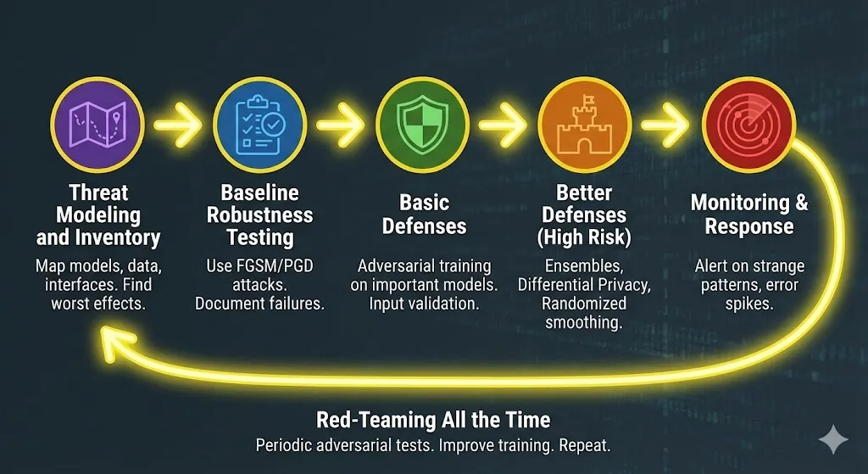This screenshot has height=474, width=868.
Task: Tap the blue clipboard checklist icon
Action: coord(259,124)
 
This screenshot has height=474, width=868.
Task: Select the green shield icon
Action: coord(421,124)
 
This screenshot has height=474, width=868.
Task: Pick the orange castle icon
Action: coord(585,124)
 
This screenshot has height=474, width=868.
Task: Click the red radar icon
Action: coord(747,124)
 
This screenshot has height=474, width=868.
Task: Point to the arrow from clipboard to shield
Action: coord(340,125)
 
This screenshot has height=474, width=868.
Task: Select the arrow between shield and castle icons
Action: coord(503,125)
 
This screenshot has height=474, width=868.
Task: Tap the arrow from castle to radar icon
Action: coord(665,125)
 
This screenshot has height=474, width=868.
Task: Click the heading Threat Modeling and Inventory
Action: coord(99,215)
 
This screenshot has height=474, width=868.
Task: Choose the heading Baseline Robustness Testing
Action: coord(259,215)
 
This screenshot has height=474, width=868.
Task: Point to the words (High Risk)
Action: coord(585,237)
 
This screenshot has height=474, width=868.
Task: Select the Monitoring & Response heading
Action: coord(748,215)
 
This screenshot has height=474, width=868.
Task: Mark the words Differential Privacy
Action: coord(584,285)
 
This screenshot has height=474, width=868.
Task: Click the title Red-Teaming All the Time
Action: coord(433,420)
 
